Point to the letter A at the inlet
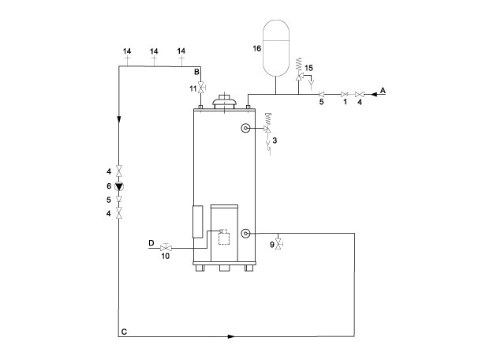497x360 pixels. coord(383,91)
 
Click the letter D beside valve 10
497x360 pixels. coord(151,243)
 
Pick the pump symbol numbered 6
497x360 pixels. coord(119,186)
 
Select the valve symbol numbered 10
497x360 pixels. coord(166,247)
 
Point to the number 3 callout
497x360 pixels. coord(275,140)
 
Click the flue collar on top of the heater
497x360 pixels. coord(224,99)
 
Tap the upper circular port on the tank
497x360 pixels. coord(245,129)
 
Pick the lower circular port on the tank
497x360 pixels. coord(246,233)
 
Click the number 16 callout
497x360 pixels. coord(257,48)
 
